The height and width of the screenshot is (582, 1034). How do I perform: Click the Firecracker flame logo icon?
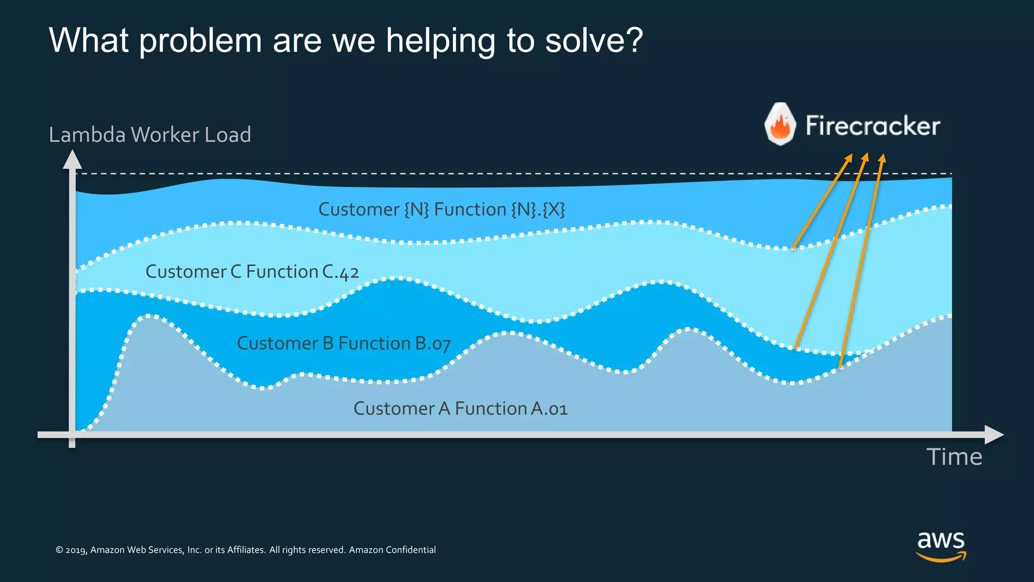coord(780,124)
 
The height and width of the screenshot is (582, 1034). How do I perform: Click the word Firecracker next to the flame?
coord(872,126)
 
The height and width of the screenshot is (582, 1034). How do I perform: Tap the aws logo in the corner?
coord(941,545)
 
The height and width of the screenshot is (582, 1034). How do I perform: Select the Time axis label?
coord(954,457)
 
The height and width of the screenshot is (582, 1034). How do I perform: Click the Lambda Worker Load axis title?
coord(150,135)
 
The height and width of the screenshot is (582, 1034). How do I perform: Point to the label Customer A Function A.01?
coord(460,408)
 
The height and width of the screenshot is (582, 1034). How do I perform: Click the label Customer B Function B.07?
coord(343,344)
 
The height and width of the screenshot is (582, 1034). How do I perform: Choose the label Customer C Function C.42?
coord(252,272)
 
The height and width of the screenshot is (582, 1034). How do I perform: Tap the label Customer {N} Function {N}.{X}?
coord(442,209)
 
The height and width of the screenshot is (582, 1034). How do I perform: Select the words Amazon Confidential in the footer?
coord(392,550)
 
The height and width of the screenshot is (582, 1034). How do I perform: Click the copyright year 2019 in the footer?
coord(76,550)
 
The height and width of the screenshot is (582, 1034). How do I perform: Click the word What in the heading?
coord(88,40)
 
